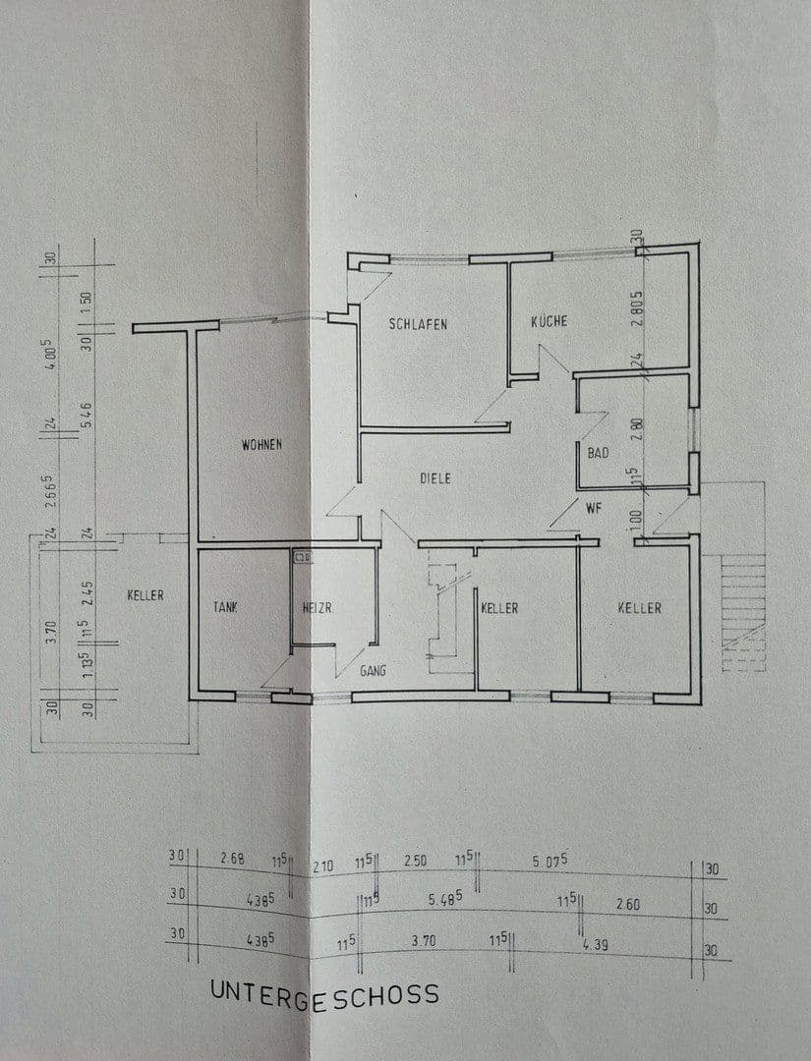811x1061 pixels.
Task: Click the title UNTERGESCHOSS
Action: [324, 993]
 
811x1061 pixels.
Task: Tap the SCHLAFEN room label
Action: [418, 324]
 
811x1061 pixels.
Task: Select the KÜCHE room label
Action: [549, 321]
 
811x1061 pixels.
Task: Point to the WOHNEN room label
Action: [261, 445]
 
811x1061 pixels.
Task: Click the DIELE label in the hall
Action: [434, 478]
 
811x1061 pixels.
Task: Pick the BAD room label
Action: [598, 454]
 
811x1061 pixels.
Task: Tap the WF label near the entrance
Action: [593, 509]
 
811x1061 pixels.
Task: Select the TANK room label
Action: [227, 608]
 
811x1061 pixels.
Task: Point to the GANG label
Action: [373, 671]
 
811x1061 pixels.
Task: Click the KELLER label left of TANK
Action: [145, 595]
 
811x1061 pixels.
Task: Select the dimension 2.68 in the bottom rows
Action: [233, 860]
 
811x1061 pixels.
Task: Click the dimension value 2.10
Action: [323, 866]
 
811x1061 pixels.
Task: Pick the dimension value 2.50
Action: [416, 861]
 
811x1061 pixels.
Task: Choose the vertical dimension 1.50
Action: [86, 300]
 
